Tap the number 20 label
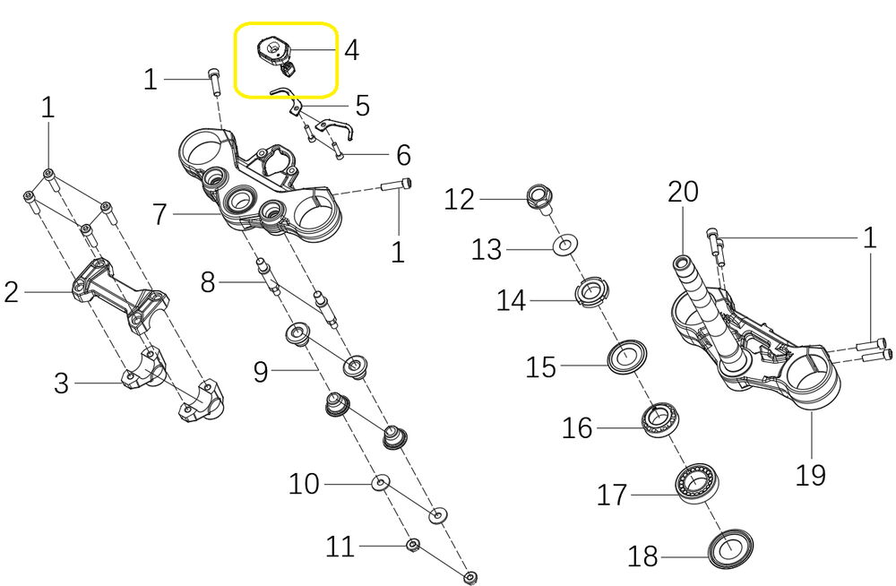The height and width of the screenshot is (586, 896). [683, 193]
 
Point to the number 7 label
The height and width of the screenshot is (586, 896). [160, 215]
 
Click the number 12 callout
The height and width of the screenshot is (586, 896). [460, 199]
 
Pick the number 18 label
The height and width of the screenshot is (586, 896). [643, 557]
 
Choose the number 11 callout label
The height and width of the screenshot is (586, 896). [340, 547]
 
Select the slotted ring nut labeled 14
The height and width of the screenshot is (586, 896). [591, 293]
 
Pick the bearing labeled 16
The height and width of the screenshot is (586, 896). [659, 418]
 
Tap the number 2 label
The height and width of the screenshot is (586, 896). [11, 292]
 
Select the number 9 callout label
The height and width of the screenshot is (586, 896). [261, 371]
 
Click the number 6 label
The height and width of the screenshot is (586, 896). [403, 155]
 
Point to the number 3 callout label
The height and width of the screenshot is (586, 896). [61, 384]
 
